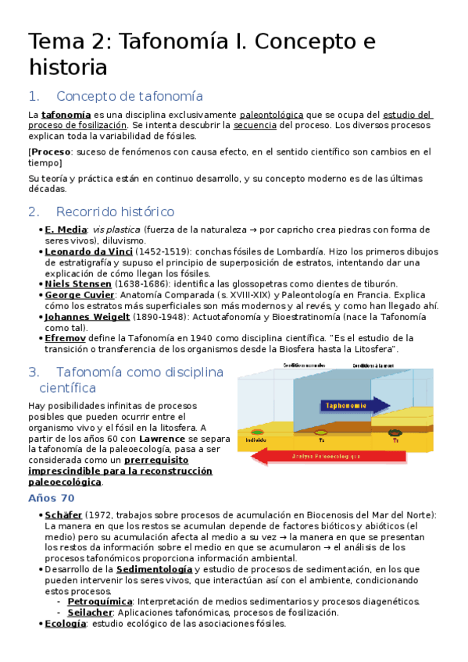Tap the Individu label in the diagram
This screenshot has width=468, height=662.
[255, 440]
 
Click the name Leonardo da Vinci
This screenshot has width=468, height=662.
[88, 251]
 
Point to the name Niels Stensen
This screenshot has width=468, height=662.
[78, 284]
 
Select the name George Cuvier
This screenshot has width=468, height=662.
[79, 295]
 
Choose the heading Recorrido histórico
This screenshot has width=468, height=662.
[115, 212]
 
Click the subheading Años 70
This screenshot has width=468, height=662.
[51, 498]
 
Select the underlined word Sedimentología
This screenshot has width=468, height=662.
[153, 569]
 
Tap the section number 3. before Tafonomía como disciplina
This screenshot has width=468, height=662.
[34, 372]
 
